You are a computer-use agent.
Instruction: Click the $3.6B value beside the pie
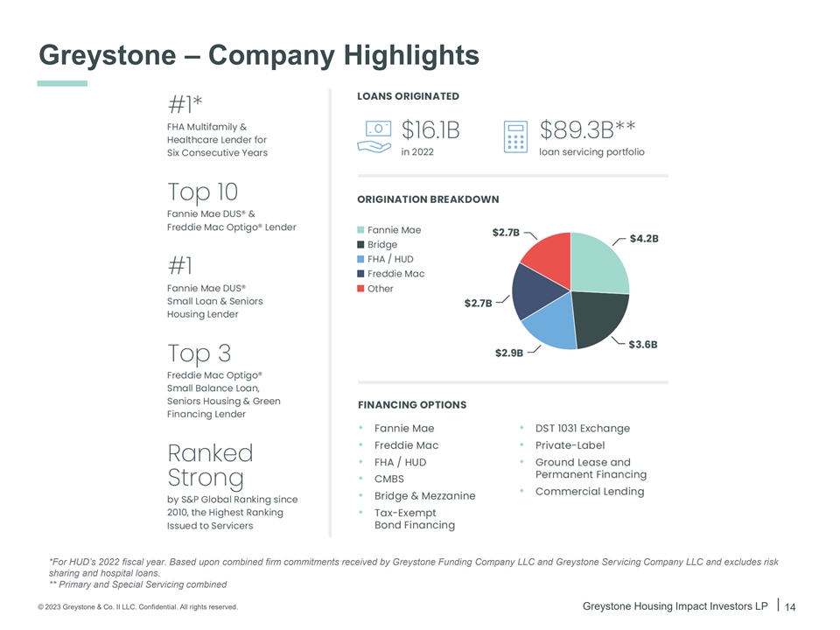(x=643, y=344)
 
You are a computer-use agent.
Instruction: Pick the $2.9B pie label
(x=509, y=353)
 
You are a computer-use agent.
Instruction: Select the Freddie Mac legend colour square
(x=361, y=274)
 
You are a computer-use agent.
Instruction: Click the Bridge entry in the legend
(x=382, y=245)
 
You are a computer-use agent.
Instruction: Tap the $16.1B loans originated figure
(x=430, y=130)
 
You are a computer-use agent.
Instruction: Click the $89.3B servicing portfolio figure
(x=587, y=130)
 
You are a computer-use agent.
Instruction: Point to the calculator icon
(x=516, y=136)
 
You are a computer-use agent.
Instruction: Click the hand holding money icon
(x=374, y=136)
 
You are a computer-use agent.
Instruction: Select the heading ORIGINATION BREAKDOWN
(x=428, y=199)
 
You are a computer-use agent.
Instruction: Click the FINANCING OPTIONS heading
(x=412, y=405)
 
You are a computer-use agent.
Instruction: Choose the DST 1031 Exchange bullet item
(x=582, y=428)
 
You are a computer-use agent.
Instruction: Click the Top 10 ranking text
(x=202, y=192)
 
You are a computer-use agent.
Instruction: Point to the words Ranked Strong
(x=210, y=465)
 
